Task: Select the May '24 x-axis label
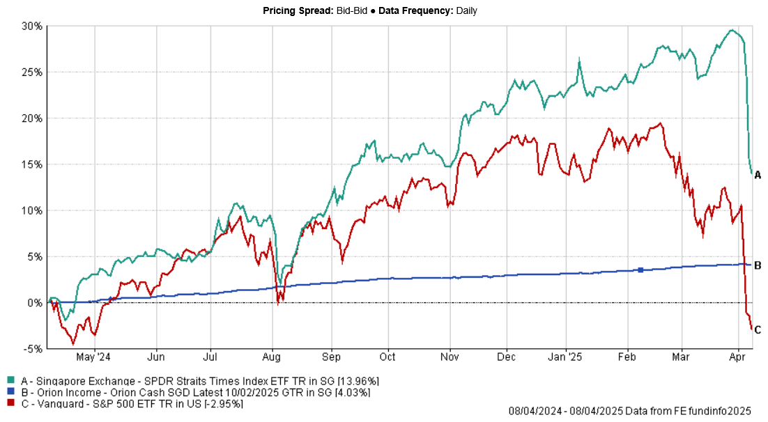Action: [93, 357]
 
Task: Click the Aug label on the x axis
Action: [272, 357]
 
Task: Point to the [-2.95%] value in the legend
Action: [222, 403]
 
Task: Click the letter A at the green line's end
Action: [758, 175]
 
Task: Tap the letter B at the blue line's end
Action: [758, 265]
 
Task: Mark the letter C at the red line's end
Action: [758, 330]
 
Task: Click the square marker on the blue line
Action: [640, 269]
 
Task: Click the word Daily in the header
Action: [462, 10]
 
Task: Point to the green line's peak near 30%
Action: [731, 30]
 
